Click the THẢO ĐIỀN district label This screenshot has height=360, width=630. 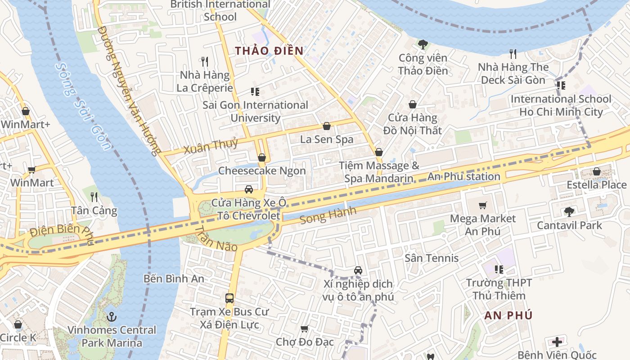click(x=269, y=51)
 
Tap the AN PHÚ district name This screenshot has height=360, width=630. click(x=508, y=315)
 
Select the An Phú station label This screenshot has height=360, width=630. click(x=463, y=176)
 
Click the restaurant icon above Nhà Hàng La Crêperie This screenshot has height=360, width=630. click(x=205, y=61)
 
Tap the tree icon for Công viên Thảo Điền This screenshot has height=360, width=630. click(x=423, y=44)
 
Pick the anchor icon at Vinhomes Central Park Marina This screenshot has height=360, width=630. click(x=111, y=317)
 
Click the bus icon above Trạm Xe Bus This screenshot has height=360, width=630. click(x=229, y=298)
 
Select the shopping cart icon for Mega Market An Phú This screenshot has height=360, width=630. click(x=483, y=206)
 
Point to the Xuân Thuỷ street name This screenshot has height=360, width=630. click(x=211, y=146)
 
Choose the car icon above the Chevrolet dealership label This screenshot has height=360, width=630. click(x=248, y=189)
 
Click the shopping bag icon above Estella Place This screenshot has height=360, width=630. click(x=596, y=171)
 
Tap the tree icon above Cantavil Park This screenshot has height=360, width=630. click(x=569, y=211)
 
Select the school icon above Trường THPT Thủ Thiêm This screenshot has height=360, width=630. click(x=499, y=270)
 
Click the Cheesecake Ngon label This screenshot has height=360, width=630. click(x=262, y=171)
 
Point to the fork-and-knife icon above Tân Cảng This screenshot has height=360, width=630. click(x=94, y=197)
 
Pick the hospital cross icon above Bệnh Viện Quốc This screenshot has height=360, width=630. click(x=557, y=342)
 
